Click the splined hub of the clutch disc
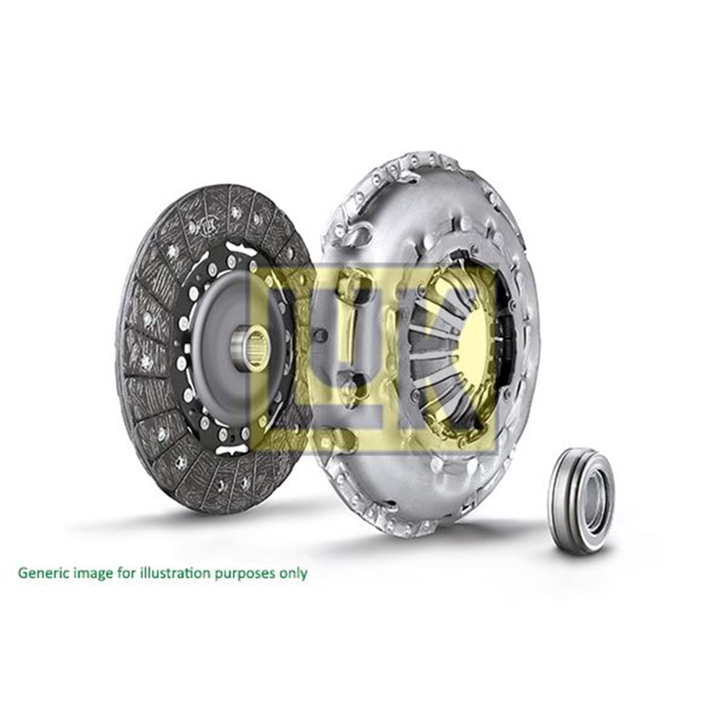coord(251,349)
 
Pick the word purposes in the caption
coord(246,573)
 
